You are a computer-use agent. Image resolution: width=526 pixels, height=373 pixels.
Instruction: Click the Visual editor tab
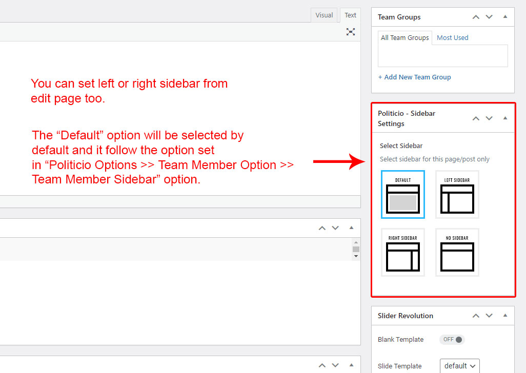click(x=324, y=15)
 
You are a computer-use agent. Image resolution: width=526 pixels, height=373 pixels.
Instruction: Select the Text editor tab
click(x=350, y=15)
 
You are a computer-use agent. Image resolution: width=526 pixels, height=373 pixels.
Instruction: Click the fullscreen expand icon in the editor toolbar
click(x=351, y=32)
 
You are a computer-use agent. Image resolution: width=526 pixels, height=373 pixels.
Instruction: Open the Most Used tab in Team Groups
click(x=452, y=37)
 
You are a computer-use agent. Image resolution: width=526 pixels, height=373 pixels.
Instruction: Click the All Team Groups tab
click(x=405, y=37)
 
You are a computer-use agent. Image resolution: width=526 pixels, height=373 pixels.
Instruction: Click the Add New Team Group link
click(x=414, y=77)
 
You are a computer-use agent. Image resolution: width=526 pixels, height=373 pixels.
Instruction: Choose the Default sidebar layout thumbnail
click(x=403, y=194)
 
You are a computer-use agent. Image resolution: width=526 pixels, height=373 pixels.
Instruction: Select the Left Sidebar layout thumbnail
click(x=457, y=194)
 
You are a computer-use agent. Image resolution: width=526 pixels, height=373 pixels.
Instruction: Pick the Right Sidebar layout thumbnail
click(x=403, y=253)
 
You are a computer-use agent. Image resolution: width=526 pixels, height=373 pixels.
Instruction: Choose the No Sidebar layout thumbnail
click(x=457, y=253)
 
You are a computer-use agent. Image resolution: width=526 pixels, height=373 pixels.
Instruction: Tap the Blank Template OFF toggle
click(x=452, y=340)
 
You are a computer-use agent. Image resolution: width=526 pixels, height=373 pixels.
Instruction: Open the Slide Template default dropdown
click(x=459, y=366)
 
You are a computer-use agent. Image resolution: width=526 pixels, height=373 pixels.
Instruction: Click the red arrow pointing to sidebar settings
click(x=339, y=161)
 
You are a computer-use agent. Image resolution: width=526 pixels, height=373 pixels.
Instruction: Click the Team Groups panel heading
click(x=399, y=17)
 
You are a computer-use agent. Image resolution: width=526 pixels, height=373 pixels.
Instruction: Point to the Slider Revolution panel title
click(x=405, y=316)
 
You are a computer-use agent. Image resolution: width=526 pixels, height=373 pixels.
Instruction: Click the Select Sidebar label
click(x=401, y=146)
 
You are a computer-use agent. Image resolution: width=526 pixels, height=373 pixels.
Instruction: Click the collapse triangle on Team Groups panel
click(x=505, y=17)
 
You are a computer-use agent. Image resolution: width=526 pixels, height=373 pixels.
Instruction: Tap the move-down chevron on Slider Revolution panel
click(x=489, y=315)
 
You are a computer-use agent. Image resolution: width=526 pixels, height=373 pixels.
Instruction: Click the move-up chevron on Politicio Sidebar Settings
click(x=476, y=118)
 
